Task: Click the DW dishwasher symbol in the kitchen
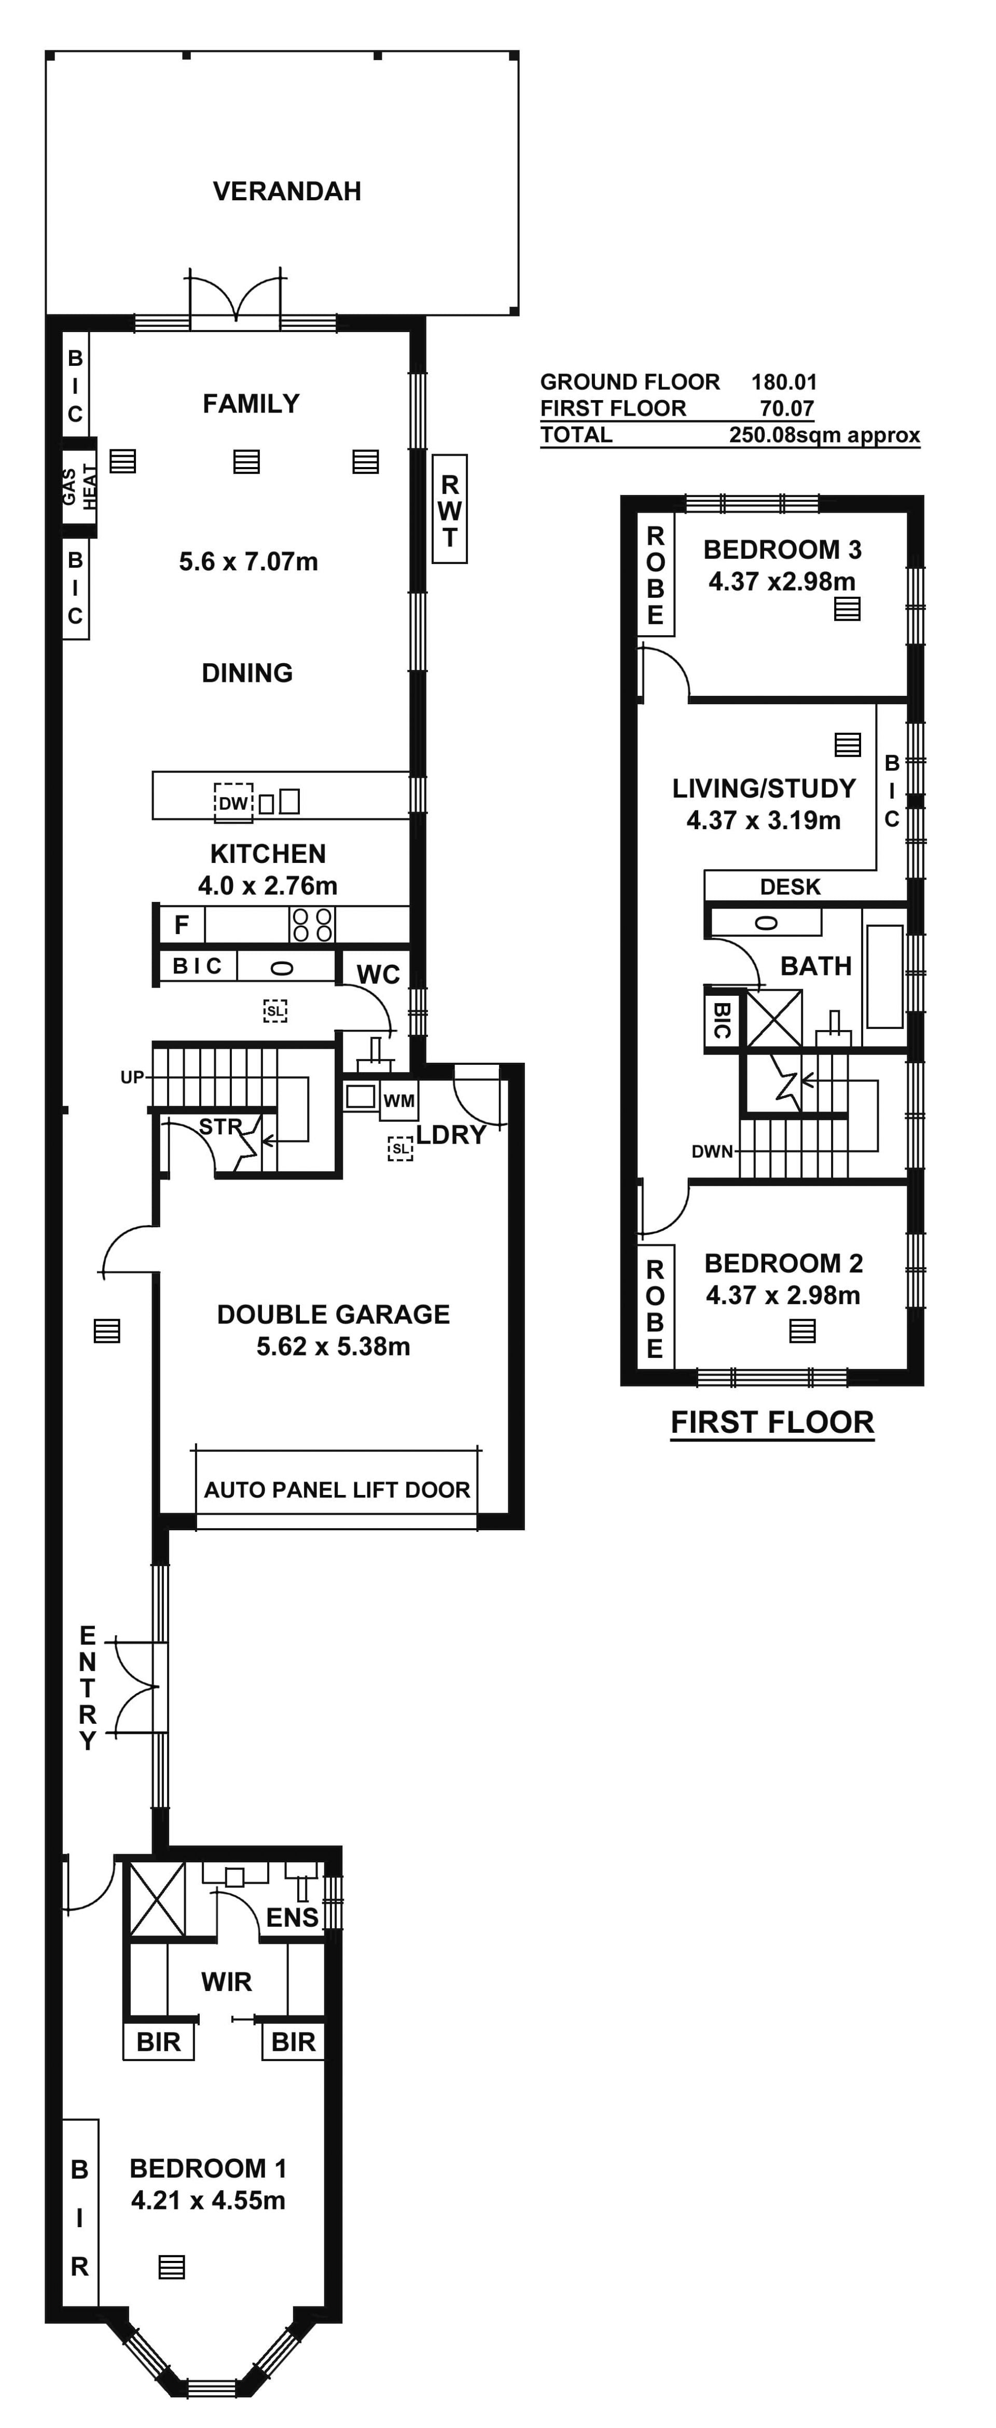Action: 233,803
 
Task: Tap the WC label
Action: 378,975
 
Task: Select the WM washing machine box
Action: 398,1101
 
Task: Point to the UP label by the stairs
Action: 132,1077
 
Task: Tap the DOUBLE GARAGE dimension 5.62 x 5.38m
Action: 334,1347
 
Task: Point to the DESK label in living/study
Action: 791,887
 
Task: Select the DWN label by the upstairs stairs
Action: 712,1151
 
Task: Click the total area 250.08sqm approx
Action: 824,435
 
